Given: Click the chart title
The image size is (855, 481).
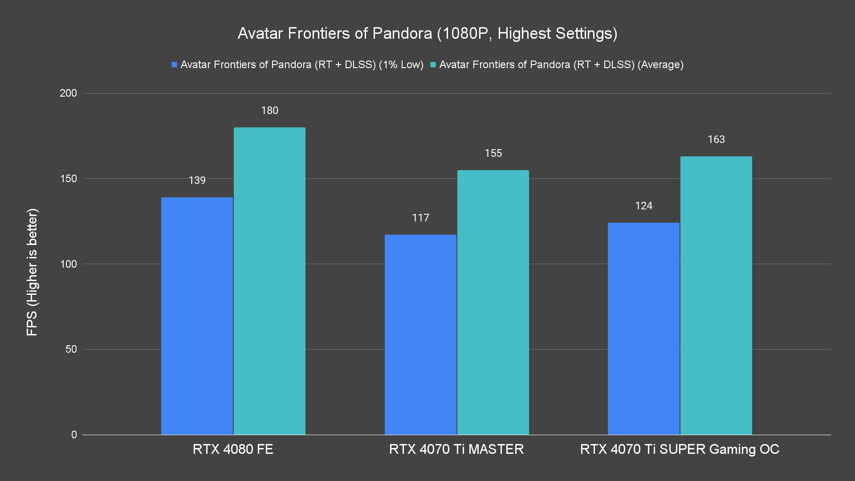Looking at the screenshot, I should [x=427, y=33].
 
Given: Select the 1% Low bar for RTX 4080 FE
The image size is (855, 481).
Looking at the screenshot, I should [x=197, y=316].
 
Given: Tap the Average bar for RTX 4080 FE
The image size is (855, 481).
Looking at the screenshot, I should [x=269, y=281].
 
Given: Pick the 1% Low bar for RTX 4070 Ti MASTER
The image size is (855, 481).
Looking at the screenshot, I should [x=420, y=334].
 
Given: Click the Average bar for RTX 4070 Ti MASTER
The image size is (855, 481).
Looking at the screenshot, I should [x=493, y=302].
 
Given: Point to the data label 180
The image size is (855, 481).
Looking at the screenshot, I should [x=269, y=110].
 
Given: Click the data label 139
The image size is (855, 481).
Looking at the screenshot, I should [x=197, y=180].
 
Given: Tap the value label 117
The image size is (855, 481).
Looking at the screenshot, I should [x=420, y=218].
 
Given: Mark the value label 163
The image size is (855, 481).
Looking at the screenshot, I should [x=716, y=139].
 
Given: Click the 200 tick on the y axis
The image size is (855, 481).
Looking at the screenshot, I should [x=68, y=93].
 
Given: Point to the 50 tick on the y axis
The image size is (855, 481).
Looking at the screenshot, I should [x=71, y=349].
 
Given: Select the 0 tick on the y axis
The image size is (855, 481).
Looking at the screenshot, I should [x=74, y=435].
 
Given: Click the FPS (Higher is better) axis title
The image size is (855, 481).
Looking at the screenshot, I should [x=32, y=272].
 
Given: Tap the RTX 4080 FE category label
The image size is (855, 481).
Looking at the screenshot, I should [x=233, y=449].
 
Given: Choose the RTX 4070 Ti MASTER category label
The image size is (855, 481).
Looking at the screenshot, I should [x=456, y=449].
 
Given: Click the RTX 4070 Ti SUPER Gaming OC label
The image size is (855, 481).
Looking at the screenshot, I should [x=680, y=449].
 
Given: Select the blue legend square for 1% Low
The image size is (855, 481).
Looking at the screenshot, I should [x=175, y=65].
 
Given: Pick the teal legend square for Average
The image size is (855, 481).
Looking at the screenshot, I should [x=433, y=65].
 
